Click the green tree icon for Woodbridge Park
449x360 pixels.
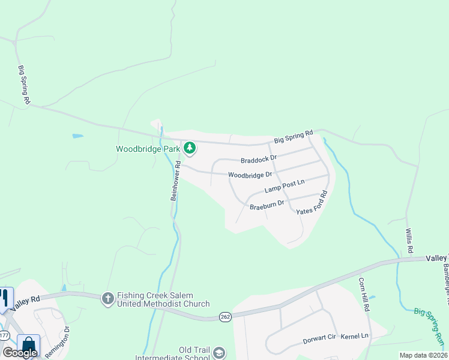(x=190, y=147)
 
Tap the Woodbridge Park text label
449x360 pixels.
(x=148, y=148)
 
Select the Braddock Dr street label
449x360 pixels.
(x=258, y=159)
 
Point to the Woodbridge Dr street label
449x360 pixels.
(x=250, y=175)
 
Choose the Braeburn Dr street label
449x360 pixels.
(x=267, y=205)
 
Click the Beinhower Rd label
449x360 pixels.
(x=176, y=179)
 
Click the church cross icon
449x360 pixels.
(x=107, y=298)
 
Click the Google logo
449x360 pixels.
(x=20, y=353)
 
